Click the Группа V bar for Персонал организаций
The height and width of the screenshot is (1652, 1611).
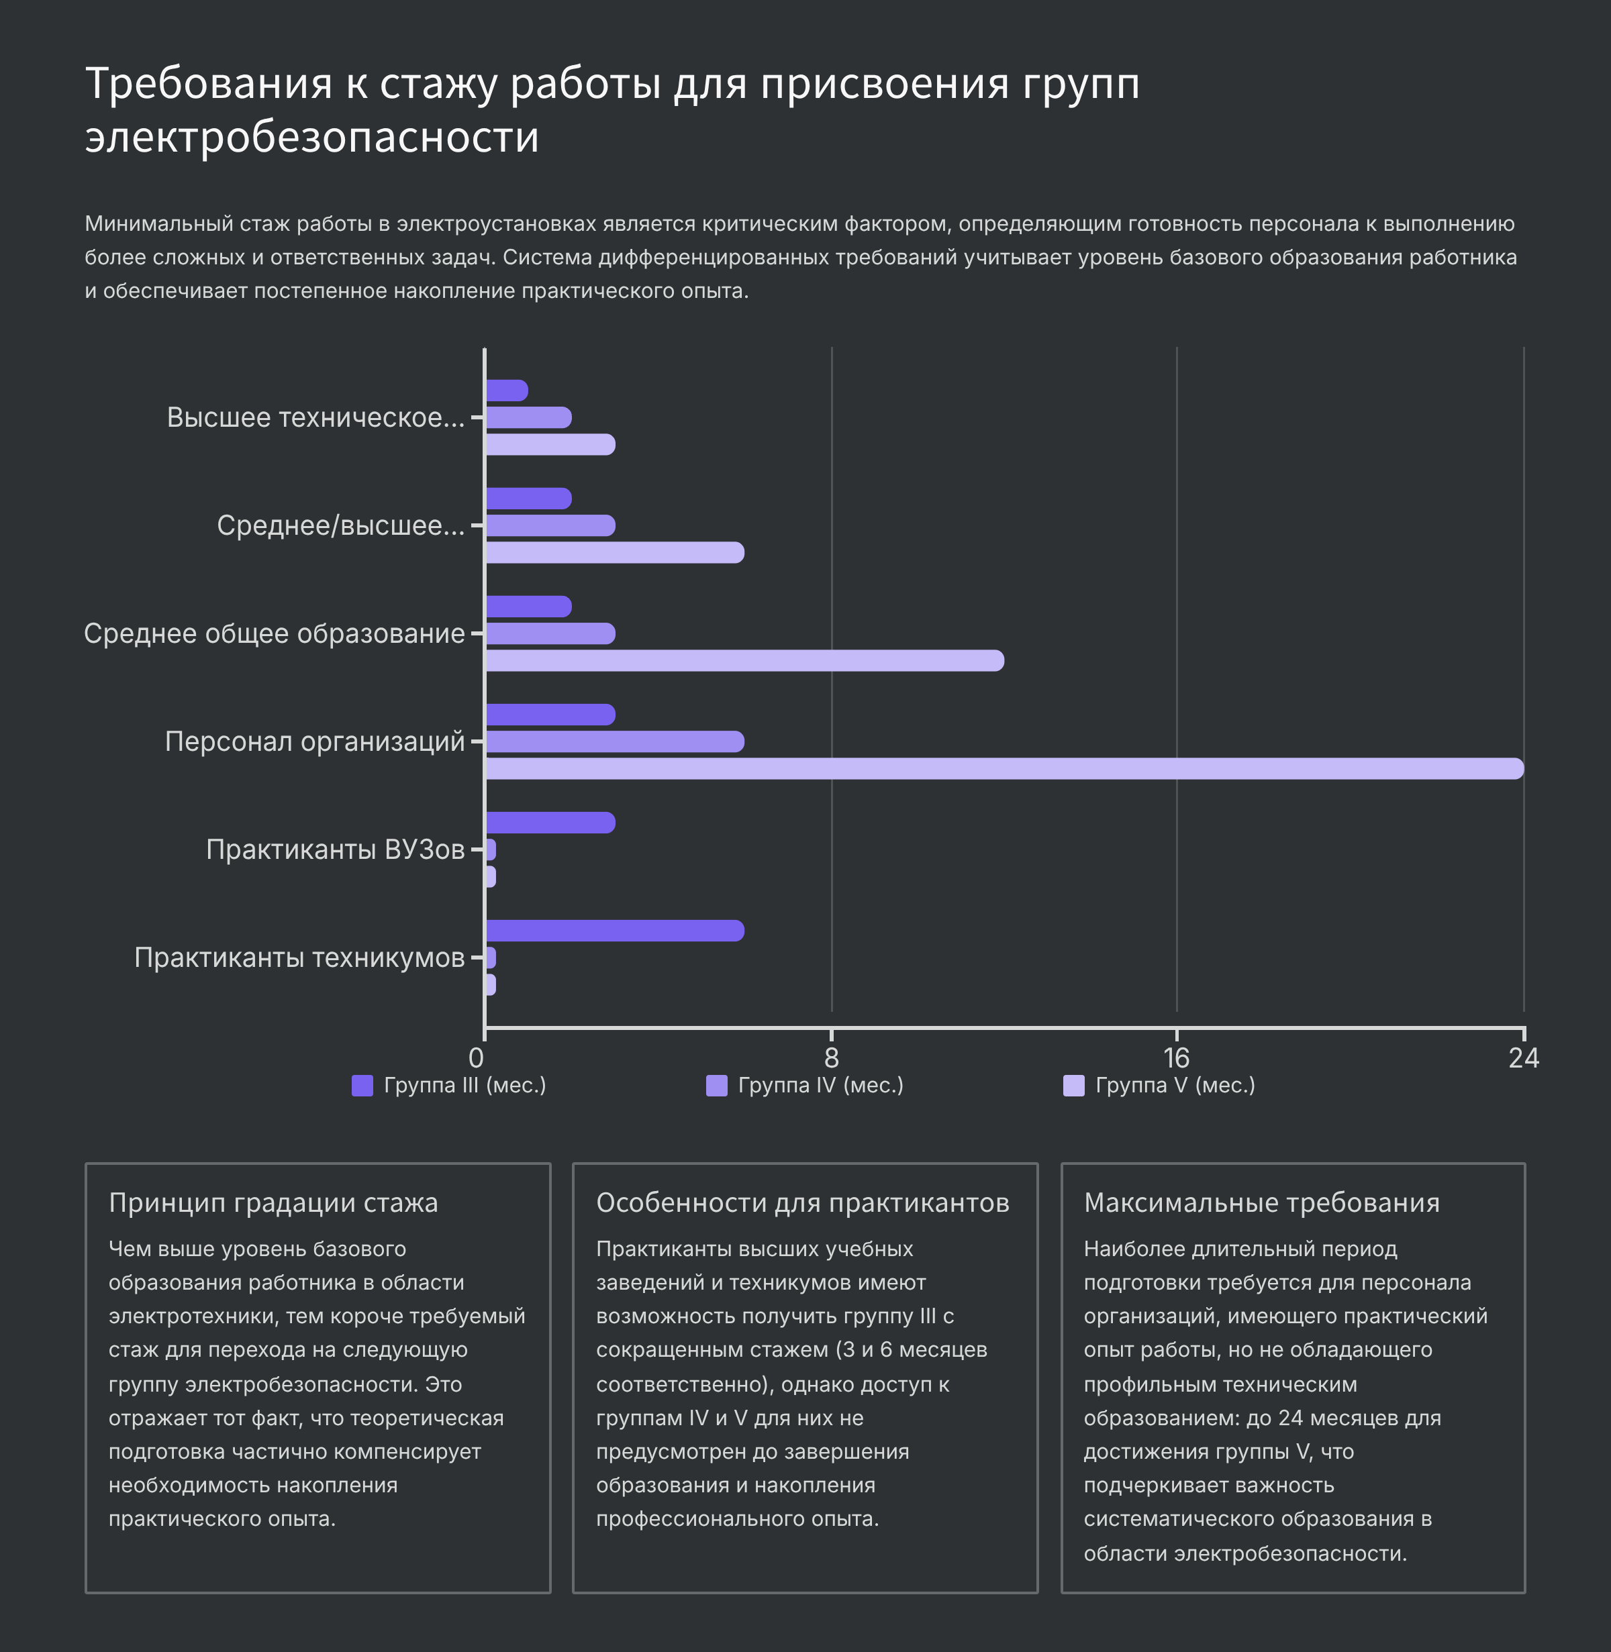point(1004,769)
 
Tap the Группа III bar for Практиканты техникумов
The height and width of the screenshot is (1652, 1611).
point(614,931)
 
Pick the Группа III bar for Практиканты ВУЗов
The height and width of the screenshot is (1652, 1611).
point(550,822)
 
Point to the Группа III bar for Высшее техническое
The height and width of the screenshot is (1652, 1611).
point(507,391)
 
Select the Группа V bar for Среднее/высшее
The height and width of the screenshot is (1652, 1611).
point(614,552)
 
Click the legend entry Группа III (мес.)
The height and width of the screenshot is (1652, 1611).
point(449,1085)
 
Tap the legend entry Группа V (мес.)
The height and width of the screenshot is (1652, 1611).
point(1159,1085)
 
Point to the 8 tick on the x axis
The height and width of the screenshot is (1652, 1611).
point(832,1057)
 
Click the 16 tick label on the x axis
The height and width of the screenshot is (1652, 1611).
point(1176,1057)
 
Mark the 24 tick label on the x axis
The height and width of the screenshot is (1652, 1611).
point(1523,1057)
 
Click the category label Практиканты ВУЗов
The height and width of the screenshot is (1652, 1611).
point(335,849)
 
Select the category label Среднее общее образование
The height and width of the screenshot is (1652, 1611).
point(274,633)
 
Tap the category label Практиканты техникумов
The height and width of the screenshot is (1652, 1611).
point(299,958)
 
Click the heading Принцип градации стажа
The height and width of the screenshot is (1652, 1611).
point(273,1203)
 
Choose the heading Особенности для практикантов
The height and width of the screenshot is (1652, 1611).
point(802,1203)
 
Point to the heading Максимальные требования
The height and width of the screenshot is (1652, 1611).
point(1261,1203)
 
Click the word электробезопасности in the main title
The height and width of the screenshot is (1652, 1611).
point(311,137)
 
